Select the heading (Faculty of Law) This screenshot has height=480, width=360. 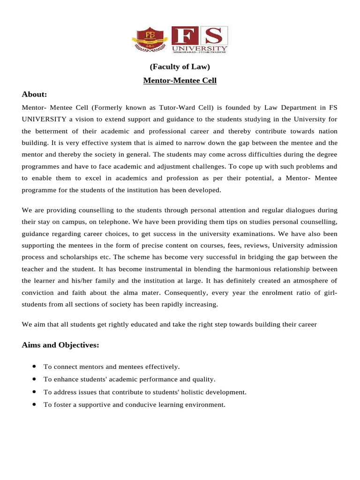tap(180, 67)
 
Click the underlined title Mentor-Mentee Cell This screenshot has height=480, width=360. tap(180, 81)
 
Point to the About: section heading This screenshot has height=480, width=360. tap(34, 94)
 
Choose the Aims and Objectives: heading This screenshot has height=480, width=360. tap(60, 345)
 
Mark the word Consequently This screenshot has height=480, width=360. tap(186, 292)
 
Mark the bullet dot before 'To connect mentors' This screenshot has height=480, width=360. tap(35, 366)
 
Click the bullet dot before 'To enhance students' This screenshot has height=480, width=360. tap(35, 379)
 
